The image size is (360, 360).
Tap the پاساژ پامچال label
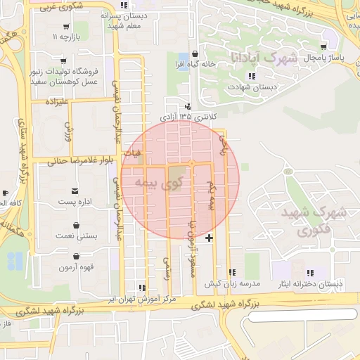(321, 58)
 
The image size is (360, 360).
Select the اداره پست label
(75, 202)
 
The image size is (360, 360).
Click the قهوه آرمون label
(75, 267)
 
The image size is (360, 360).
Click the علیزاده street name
(56, 103)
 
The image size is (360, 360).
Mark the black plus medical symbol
(209, 239)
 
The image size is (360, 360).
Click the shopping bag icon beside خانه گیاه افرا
(195, 54)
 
